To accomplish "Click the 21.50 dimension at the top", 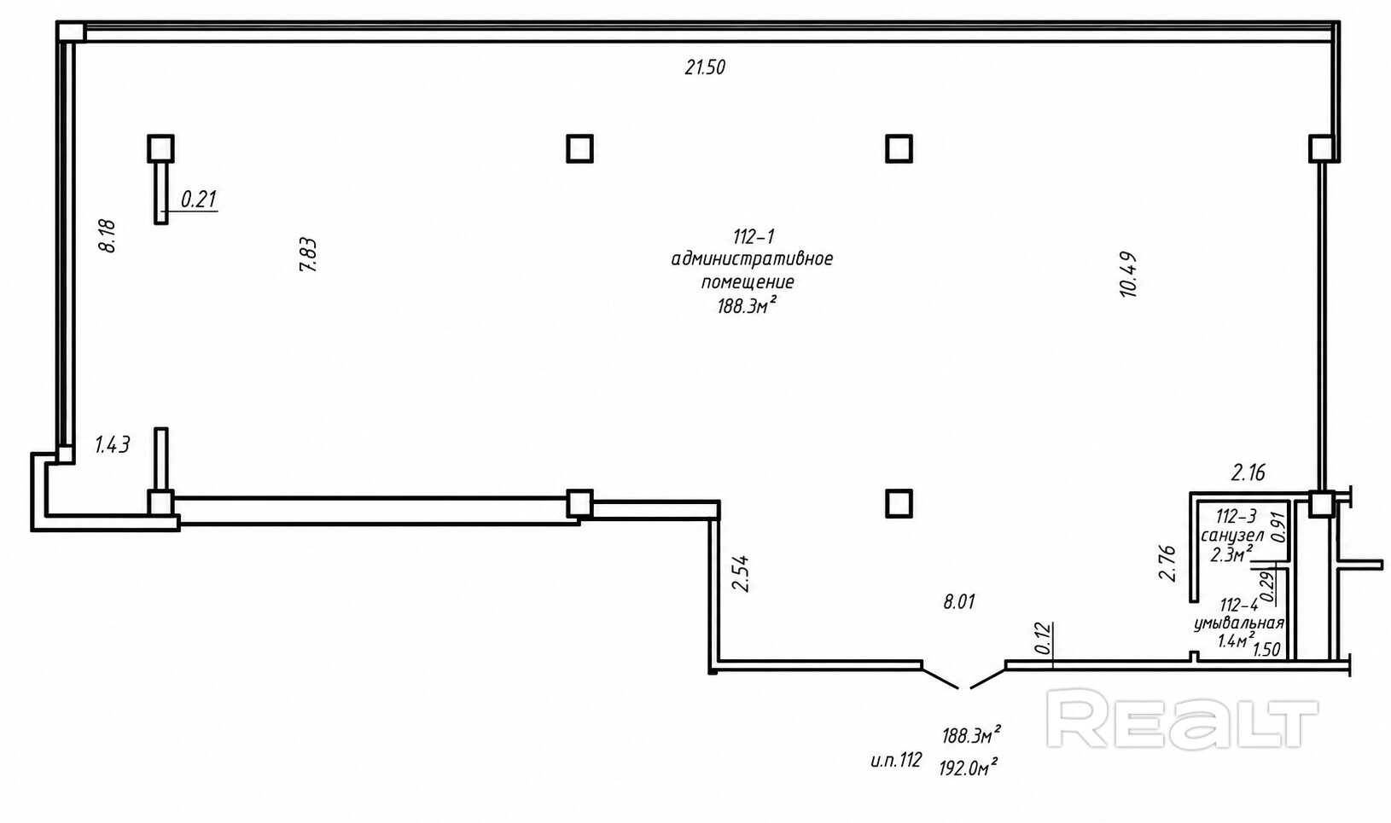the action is pyautogui.click(x=705, y=67).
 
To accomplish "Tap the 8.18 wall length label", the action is pyautogui.click(x=108, y=235).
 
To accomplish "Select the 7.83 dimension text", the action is pyautogui.click(x=308, y=254).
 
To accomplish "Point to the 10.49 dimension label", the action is pyautogui.click(x=1128, y=275).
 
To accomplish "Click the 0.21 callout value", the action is pyautogui.click(x=199, y=200).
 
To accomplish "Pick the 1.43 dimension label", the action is pyautogui.click(x=113, y=444).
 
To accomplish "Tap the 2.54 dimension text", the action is pyautogui.click(x=741, y=573).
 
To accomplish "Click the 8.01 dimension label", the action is pyautogui.click(x=959, y=601).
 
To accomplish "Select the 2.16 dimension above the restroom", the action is pyautogui.click(x=1248, y=473).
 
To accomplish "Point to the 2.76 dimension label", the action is pyautogui.click(x=1168, y=562).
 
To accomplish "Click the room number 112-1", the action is pyautogui.click(x=754, y=236).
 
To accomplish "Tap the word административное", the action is pyautogui.click(x=752, y=258).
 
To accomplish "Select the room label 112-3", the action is pyautogui.click(x=1236, y=516).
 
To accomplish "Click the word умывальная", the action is pyautogui.click(x=1238, y=623).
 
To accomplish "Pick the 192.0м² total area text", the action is pyautogui.click(x=969, y=768).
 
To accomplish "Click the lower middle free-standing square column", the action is pyautogui.click(x=899, y=503).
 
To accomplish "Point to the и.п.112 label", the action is pyautogui.click(x=896, y=760).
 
